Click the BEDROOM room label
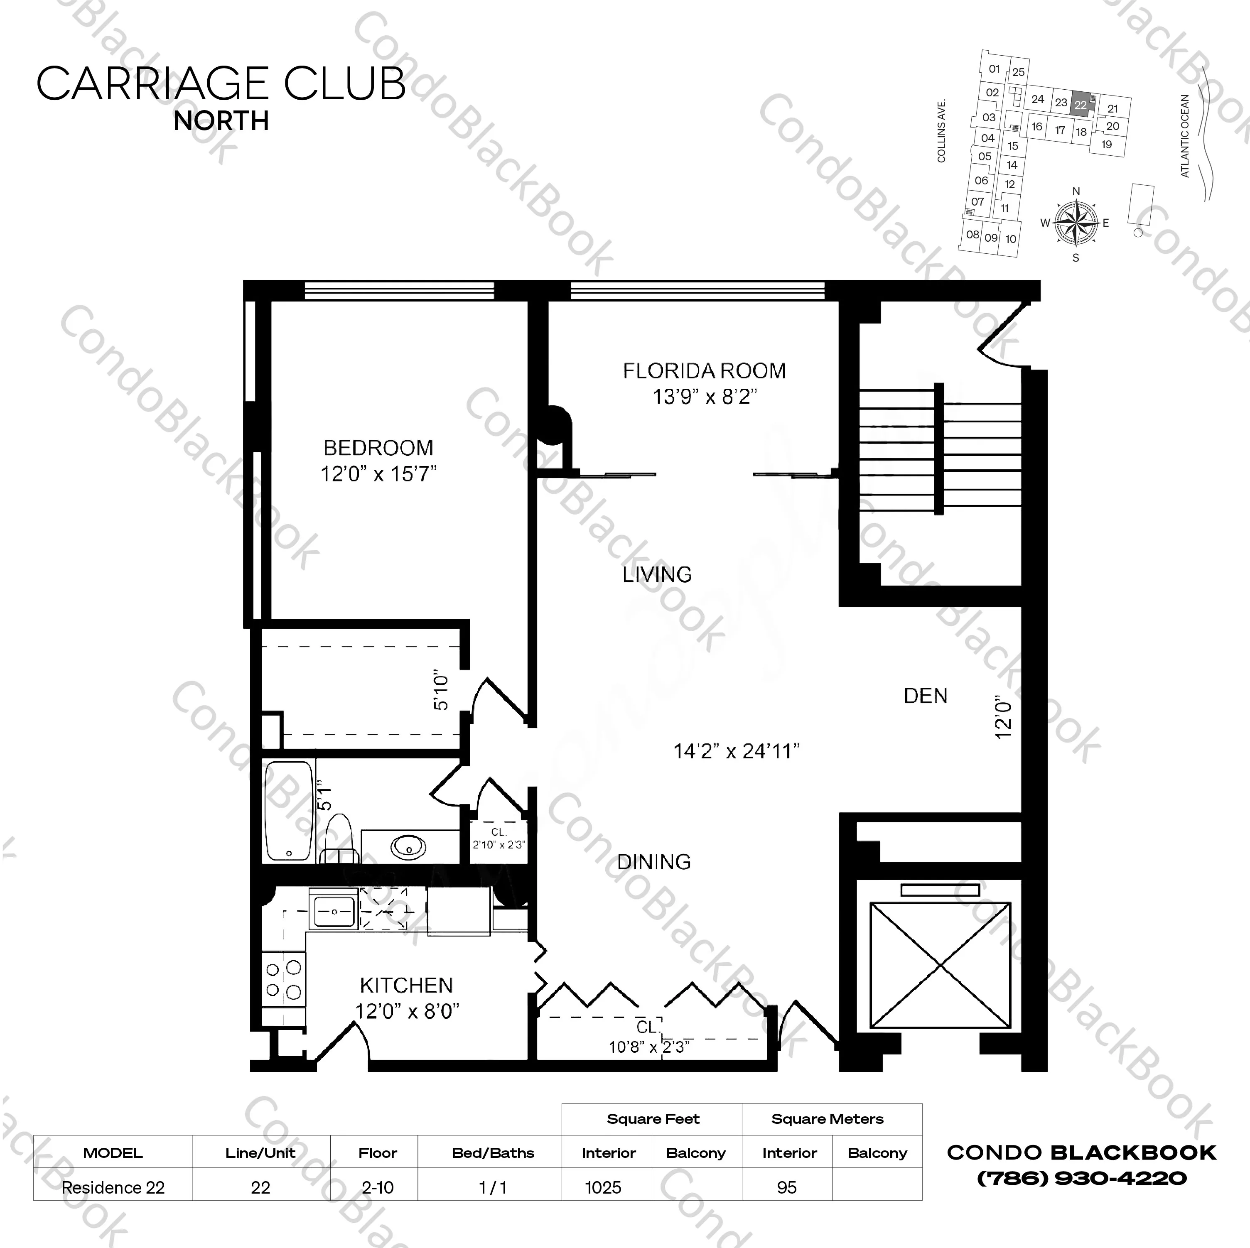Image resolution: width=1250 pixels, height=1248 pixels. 378,448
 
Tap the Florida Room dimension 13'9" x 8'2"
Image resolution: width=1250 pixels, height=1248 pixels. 704,396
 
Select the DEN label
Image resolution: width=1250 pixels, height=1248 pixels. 925,696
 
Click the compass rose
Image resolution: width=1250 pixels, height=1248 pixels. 1076,223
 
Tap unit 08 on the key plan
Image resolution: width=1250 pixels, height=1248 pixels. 972,234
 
